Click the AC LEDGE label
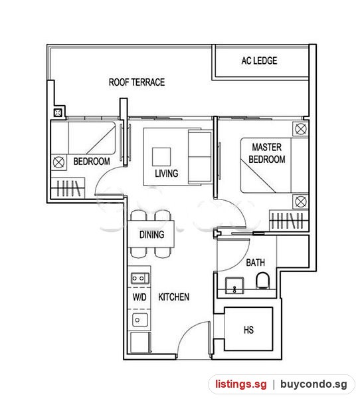tap(259, 61)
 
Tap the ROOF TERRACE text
tap(137, 82)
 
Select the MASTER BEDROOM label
tap(267, 153)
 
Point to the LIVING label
tap(167, 174)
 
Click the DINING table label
tap(152, 234)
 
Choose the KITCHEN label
tap(173, 297)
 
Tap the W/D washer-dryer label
tap(139, 297)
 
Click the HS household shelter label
tap(248, 330)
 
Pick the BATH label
tap(255, 263)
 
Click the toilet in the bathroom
tap(262, 281)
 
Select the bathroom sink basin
tap(234, 285)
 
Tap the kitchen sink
tap(139, 320)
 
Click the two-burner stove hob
tap(139, 278)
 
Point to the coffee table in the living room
tap(161, 157)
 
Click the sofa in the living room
tap(200, 156)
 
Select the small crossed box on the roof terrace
tap(58, 112)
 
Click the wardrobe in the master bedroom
tap(288, 221)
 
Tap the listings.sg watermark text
tap(241, 384)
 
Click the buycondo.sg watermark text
tap(314, 384)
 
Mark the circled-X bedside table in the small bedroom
tap(58, 162)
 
